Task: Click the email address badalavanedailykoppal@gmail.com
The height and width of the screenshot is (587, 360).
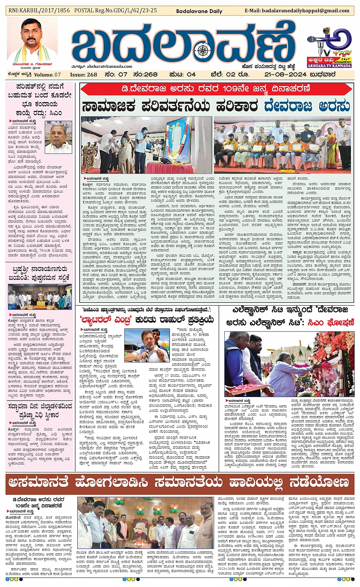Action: [297, 11]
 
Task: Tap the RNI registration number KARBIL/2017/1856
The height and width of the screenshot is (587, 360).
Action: [39, 11]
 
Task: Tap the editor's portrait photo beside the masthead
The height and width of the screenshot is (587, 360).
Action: [32, 40]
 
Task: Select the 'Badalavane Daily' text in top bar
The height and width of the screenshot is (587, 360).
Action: [199, 11]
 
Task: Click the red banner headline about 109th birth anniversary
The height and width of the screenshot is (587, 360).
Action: [216, 89]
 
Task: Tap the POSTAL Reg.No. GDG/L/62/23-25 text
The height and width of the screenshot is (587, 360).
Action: [115, 11]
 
